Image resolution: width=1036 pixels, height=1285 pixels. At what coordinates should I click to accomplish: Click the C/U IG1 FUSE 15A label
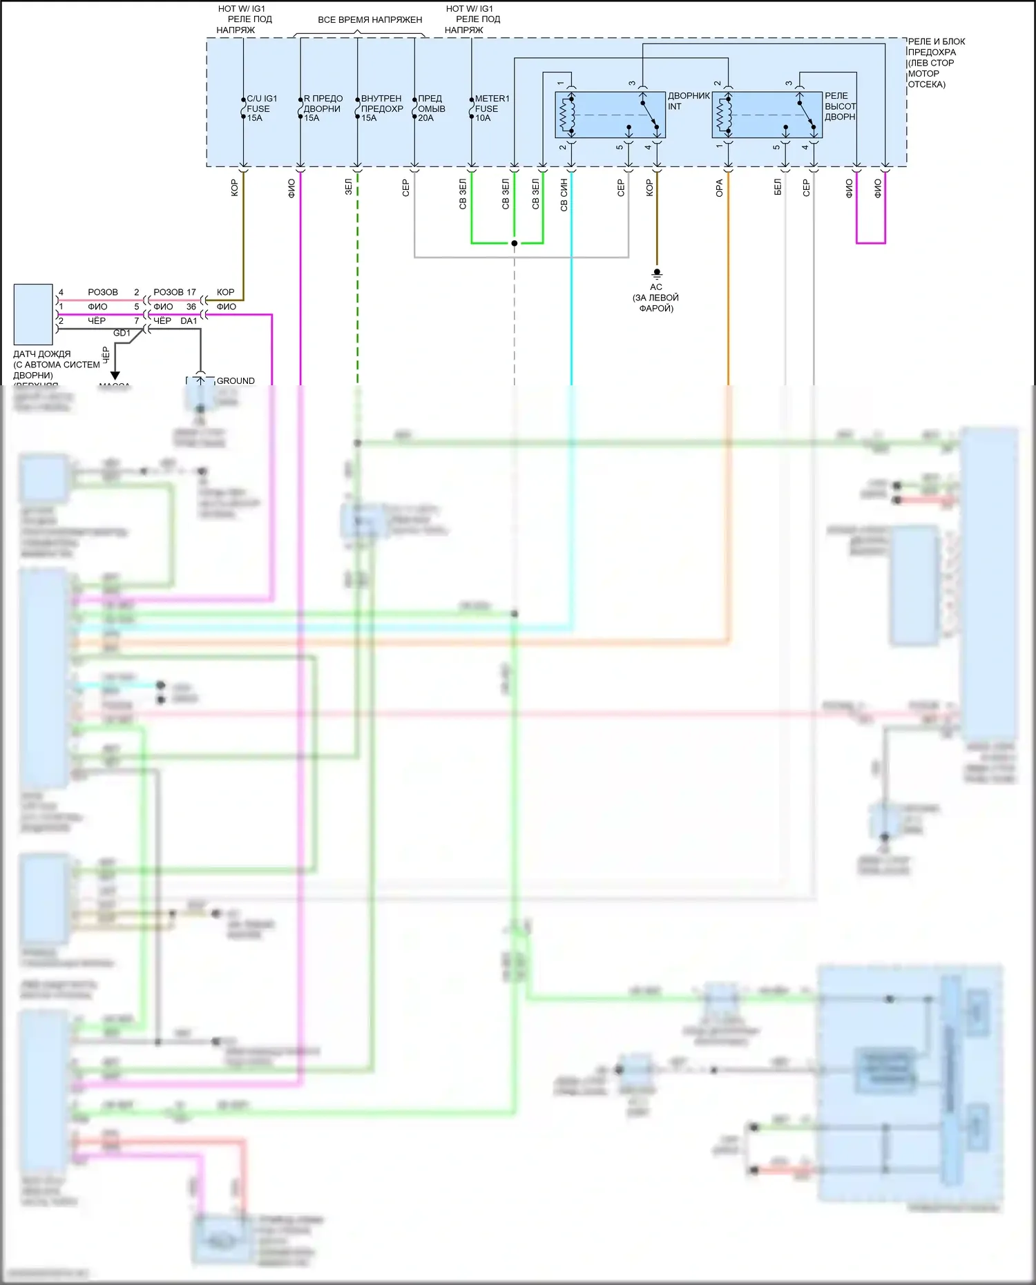(261, 108)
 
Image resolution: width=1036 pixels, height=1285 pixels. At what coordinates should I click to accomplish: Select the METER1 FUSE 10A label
(491, 108)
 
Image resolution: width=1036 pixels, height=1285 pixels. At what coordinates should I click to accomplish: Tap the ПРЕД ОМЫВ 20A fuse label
(431, 108)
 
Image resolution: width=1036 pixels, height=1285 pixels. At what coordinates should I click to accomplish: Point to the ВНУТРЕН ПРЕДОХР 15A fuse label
(381, 108)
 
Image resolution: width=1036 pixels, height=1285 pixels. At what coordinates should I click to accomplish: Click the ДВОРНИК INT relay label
(688, 101)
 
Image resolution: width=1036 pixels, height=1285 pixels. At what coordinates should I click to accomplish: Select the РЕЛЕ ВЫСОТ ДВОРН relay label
(839, 106)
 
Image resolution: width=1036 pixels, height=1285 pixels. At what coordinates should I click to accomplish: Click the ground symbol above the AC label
(657, 273)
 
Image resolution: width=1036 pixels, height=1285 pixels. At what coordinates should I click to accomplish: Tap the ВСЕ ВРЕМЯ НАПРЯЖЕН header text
(370, 20)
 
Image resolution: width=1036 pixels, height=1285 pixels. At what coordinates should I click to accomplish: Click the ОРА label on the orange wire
(719, 188)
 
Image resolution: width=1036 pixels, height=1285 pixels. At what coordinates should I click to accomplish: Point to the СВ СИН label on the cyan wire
(564, 195)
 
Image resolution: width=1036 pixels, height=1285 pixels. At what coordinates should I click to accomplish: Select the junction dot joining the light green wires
(515, 243)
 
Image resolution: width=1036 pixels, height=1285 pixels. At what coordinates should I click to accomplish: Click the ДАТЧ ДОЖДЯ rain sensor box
(33, 314)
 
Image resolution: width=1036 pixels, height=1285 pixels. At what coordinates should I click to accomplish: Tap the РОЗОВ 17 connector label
(174, 292)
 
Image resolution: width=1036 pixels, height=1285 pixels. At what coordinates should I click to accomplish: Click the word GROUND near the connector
(236, 380)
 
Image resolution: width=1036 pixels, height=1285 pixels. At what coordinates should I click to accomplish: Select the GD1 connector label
(122, 333)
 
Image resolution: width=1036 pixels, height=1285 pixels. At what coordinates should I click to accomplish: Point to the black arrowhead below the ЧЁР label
(115, 376)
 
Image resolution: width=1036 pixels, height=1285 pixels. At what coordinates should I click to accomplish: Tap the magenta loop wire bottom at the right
(870, 243)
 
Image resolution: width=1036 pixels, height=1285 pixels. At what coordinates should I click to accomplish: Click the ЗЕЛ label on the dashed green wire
(349, 186)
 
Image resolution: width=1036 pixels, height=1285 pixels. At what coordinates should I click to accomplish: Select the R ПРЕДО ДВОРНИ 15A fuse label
(323, 108)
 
